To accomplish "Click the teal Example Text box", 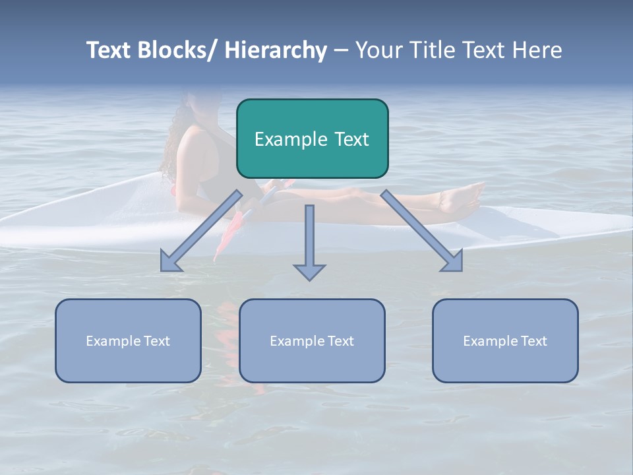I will pos(312,139).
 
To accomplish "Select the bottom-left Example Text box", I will pos(128,340).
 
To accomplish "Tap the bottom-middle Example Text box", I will pos(312,340).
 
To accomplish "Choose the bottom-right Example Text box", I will pos(505,340).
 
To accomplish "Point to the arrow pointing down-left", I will pos(201,231).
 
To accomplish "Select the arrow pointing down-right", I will pos(422,231).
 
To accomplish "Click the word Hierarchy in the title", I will pos(276,50).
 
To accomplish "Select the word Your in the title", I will pos(378,50).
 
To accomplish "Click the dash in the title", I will pos(341,51).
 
